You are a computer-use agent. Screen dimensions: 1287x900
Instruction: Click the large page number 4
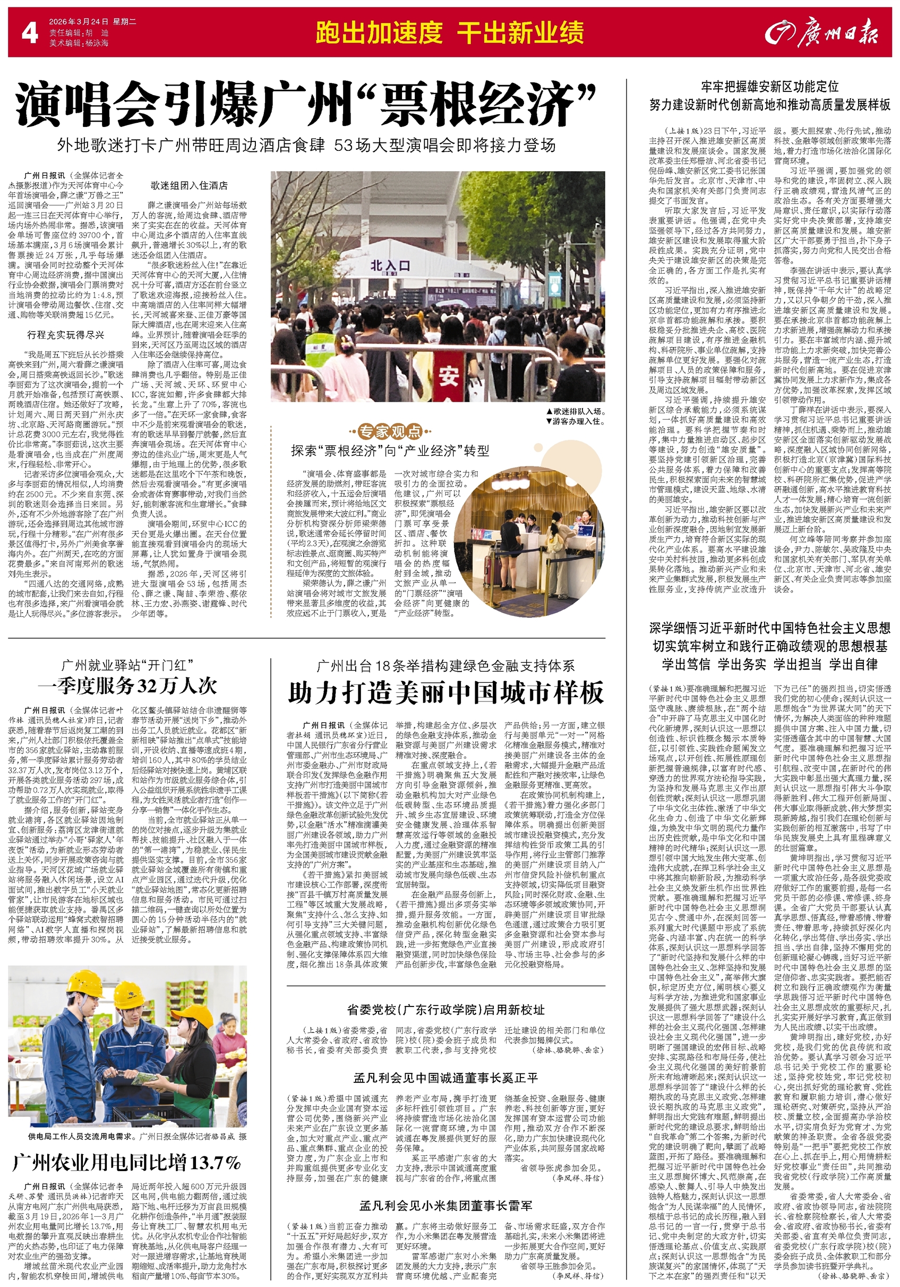29,33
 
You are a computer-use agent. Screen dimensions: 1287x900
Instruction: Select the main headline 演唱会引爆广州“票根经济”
305,105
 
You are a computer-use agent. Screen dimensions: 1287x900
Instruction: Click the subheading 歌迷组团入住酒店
188,185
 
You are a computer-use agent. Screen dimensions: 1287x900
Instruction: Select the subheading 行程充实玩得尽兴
65,335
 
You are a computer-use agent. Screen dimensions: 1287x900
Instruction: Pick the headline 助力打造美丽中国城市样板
446,693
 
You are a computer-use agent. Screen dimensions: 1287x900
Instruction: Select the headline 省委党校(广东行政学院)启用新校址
445,1010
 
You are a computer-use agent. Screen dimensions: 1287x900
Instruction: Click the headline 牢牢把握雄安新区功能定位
769,86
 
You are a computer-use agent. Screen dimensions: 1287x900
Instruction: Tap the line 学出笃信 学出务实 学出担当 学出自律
769,664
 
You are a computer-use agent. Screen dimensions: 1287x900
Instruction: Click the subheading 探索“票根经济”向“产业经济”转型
390,450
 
